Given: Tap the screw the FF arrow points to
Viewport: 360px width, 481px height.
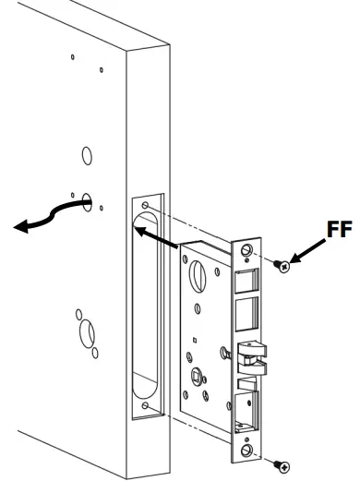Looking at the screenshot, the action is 284,266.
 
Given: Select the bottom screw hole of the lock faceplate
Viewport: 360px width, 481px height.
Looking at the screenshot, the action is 247,451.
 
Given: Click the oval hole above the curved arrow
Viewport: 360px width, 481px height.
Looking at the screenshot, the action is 86,152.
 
